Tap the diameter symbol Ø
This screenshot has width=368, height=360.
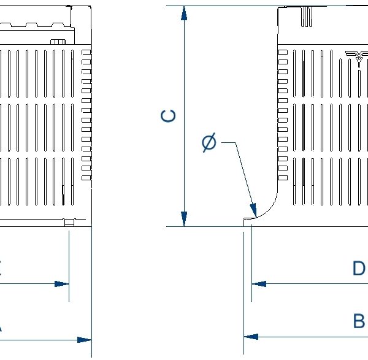pyautogui.click(x=209, y=143)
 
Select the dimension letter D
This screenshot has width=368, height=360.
pyautogui.click(x=358, y=269)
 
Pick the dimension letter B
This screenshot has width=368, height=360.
pyautogui.click(x=358, y=321)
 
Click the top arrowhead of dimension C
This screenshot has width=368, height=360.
pyautogui.click(x=183, y=13)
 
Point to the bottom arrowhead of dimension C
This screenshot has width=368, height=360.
pyautogui.click(x=183, y=218)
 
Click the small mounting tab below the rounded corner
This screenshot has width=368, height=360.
pyautogui.click(x=248, y=221)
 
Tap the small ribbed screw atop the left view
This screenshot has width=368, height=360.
pyautogui.click(x=58, y=42)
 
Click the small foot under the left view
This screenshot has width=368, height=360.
pyautogui.click(x=69, y=223)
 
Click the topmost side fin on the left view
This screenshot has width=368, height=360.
pyautogui.click(x=86, y=53)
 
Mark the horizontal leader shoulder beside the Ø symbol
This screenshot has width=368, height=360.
pyautogui.click(x=228, y=143)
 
